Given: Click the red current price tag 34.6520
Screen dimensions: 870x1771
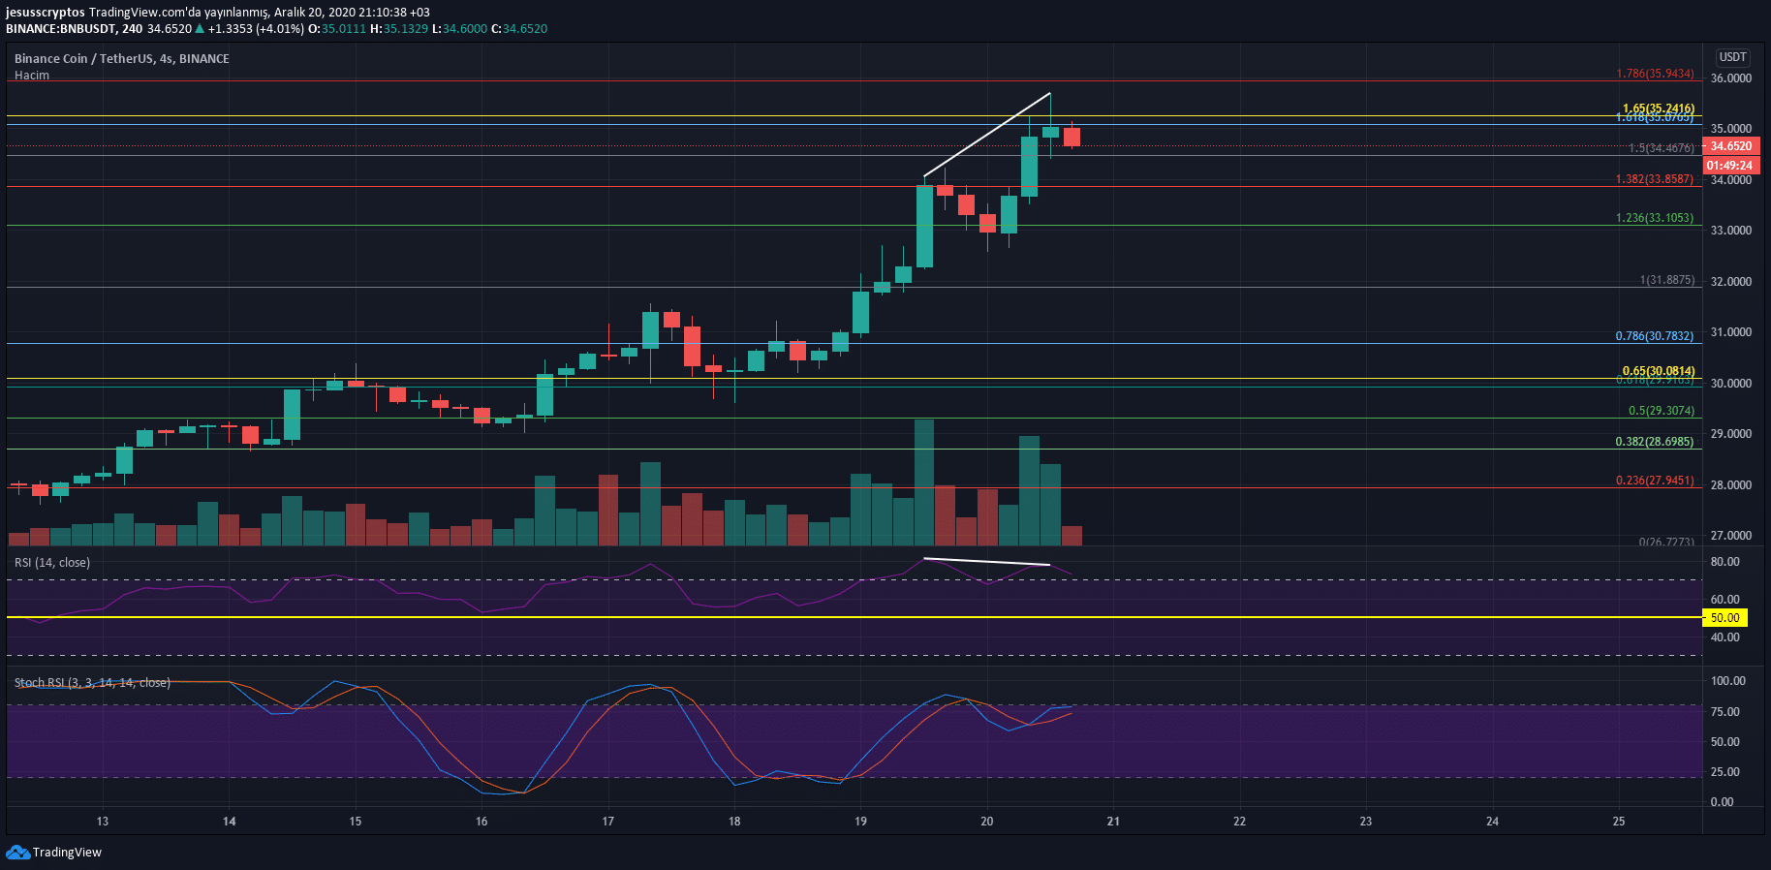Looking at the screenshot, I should pyautogui.click(x=1730, y=146).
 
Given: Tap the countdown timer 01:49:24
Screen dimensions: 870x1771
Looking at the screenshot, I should pyautogui.click(x=1730, y=166).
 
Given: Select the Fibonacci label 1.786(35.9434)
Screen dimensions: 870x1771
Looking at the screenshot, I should pyautogui.click(x=1655, y=74).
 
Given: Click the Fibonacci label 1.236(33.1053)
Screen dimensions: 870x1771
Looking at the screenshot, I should pyautogui.click(x=1655, y=218).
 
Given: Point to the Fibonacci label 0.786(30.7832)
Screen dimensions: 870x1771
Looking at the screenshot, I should pyautogui.click(x=1655, y=336).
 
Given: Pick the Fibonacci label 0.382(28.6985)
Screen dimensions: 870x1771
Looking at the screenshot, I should pyautogui.click(x=1655, y=442).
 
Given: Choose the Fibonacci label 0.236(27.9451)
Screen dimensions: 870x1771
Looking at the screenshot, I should pyautogui.click(x=1655, y=481).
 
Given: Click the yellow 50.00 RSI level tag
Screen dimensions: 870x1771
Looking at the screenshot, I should pyautogui.click(x=1724, y=618).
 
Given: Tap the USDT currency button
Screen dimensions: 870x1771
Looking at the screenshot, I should pyautogui.click(x=1732, y=57).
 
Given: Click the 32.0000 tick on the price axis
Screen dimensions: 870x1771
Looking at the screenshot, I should pyautogui.click(x=1730, y=282).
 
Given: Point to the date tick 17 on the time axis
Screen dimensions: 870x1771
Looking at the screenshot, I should pyautogui.click(x=608, y=822).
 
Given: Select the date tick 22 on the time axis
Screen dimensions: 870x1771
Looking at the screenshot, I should pyautogui.click(x=1239, y=822).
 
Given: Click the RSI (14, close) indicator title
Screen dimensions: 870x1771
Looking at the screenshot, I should pyautogui.click(x=52, y=563).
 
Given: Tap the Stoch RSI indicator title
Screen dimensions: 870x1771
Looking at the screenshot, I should pyautogui.click(x=92, y=683).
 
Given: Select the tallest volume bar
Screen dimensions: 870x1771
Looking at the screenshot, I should pyautogui.click(x=924, y=482).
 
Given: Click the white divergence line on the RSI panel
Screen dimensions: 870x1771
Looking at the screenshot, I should pyautogui.click(x=986, y=562).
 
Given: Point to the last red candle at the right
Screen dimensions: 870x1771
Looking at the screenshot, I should pyautogui.click(x=1072, y=137).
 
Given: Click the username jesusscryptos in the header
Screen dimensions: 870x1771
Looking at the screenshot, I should pyautogui.click(x=46, y=13).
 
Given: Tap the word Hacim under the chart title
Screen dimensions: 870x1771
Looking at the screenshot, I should pyautogui.click(x=32, y=76).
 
